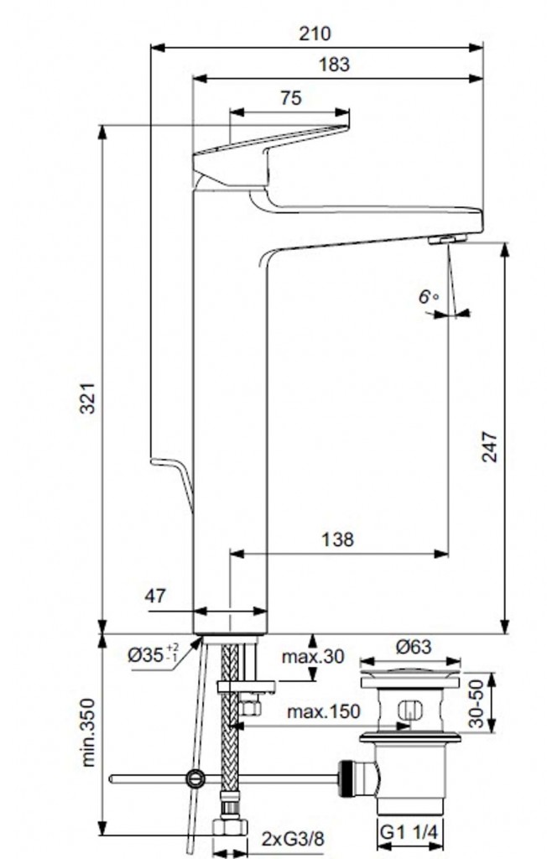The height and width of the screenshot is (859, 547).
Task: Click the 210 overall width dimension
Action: coord(315,34)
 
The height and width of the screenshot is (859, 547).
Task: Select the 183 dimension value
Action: coord(334,65)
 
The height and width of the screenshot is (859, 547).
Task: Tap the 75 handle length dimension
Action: coord(291,98)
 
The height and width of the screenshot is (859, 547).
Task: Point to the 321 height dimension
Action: coord(89,398)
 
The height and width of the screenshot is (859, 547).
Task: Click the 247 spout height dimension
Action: coord(489,447)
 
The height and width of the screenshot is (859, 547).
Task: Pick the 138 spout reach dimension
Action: coord(337,539)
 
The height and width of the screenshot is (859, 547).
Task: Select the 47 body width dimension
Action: coord(155,596)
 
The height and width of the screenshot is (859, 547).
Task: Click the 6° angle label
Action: coord(429,297)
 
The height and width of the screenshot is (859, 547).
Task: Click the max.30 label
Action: coord(313,656)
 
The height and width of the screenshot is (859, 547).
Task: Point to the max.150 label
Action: coord(324,711)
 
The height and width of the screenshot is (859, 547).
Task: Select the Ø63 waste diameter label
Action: coord(414,647)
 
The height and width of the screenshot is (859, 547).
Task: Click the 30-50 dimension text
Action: coord(477,704)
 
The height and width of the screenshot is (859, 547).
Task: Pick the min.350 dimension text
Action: coord(88,731)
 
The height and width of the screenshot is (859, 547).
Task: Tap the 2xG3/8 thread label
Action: coord(294,839)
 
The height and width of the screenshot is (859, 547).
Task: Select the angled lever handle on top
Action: coord(271,156)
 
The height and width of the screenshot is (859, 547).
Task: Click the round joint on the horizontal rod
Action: coord(195,778)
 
